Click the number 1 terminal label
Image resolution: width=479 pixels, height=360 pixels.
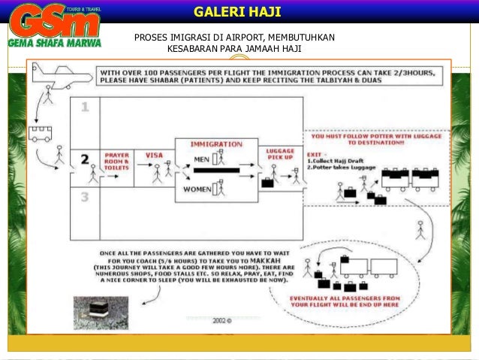click(x=85, y=107)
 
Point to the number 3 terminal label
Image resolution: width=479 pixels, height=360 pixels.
click(x=85, y=197)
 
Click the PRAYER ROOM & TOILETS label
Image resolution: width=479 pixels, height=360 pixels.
click(x=116, y=161)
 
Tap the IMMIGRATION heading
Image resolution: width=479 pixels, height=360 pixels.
click(x=216, y=144)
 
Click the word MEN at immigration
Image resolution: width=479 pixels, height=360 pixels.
click(x=201, y=159)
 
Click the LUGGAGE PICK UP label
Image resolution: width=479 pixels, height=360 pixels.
click(x=280, y=156)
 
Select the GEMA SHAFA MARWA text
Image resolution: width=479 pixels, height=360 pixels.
click(x=54, y=43)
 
